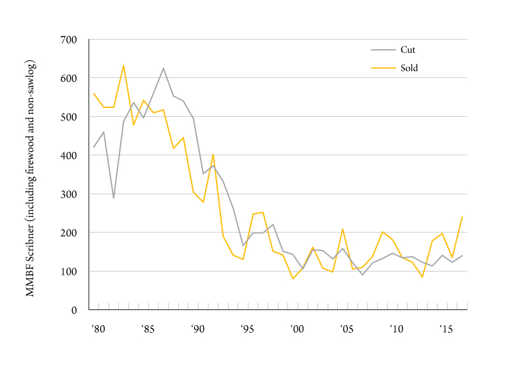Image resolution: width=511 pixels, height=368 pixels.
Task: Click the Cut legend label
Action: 408,50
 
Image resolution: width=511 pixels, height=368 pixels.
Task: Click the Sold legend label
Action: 409,68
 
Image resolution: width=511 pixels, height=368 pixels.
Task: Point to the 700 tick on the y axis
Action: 68,40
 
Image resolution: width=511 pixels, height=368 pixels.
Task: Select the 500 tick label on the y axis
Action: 68,117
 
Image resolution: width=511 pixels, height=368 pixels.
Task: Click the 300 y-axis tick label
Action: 68,194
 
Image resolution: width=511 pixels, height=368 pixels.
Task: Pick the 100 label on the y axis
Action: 68,272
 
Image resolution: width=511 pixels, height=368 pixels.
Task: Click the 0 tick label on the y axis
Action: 73,310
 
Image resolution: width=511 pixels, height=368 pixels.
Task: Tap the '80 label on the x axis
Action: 98,330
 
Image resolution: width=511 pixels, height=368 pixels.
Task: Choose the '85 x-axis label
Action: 148,330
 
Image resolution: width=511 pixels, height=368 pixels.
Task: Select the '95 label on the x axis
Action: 247,330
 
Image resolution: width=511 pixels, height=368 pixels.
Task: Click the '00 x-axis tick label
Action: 297,330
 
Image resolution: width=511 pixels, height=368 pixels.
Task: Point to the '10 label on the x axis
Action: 397,330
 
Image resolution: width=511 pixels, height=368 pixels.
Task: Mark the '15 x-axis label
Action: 446,330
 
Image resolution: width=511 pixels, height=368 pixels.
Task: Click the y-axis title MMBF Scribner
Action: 29,178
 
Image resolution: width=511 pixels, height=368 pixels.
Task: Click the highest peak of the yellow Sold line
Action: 123,65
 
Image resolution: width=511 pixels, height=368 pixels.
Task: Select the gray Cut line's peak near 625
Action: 164,68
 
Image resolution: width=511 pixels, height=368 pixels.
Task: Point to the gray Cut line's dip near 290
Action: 114,198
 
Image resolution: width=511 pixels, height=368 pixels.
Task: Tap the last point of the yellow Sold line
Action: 462,217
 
